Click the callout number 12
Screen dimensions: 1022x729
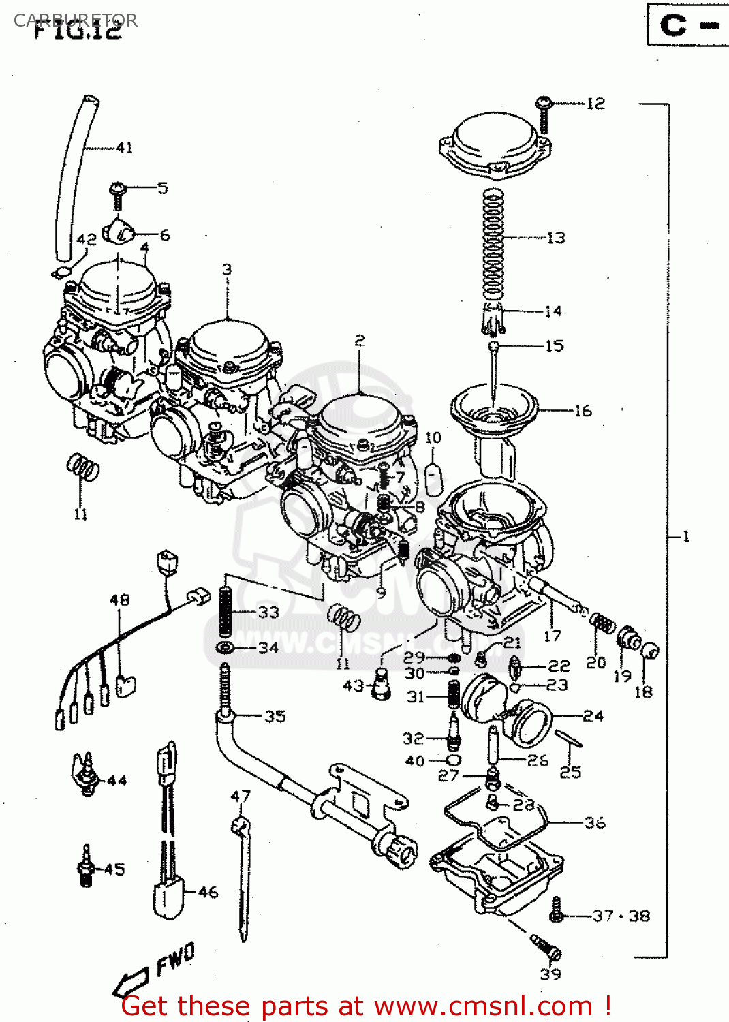(x=595, y=104)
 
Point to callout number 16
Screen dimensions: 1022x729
(x=583, y=411)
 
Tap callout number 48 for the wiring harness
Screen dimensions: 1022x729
(x=119, y=600)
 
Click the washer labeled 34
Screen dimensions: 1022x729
(x=224, y=647)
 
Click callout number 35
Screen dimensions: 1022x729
(x=275, y=717)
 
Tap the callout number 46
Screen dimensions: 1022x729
(x=208, y=892)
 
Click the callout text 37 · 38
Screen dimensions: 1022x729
(x=621, y=916)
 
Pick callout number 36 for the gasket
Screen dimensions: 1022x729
(x=595, y=823)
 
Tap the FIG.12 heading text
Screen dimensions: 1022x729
(x=77, y=30)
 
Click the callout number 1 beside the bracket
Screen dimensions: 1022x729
(x=685, y=537)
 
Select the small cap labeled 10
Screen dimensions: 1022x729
(x=434, y=476)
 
